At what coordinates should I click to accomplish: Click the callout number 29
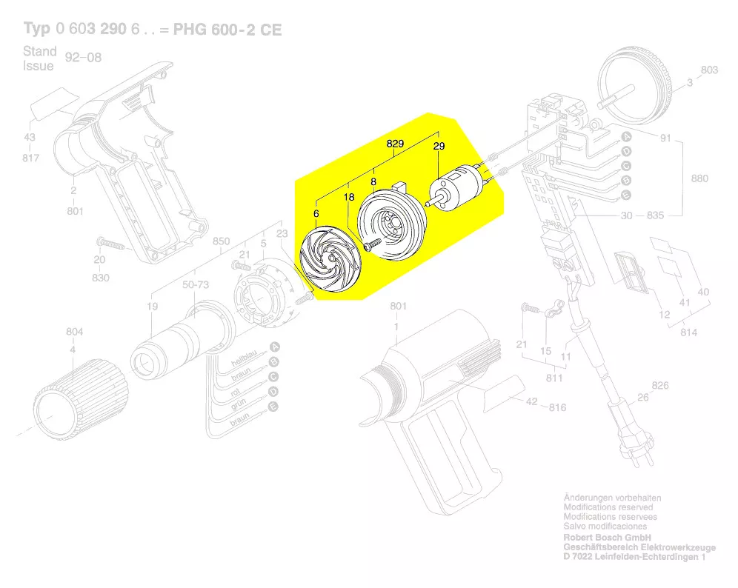[x=439, y=147]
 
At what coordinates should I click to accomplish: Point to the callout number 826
[x=659, y=385]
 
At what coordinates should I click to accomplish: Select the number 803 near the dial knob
[x=709, y=70]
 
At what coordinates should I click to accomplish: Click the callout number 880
[x=698, y=178]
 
